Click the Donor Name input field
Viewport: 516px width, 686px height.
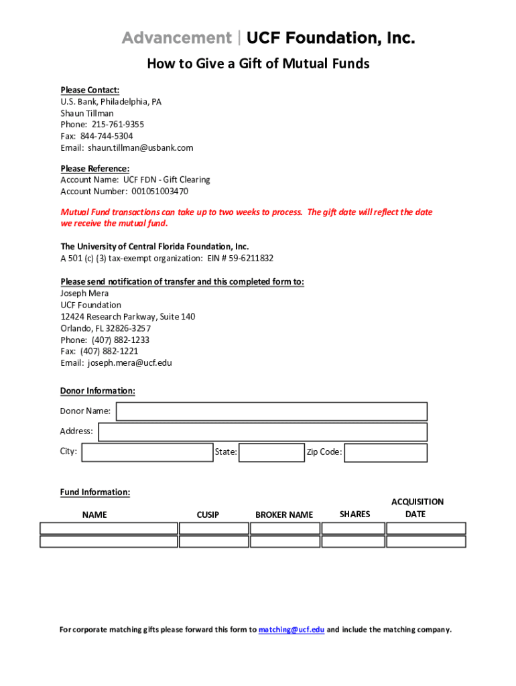click(271, 411)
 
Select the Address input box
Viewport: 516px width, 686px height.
click(263, 432)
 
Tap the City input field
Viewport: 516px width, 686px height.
click(147, 452)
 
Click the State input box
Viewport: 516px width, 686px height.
click(271, 453)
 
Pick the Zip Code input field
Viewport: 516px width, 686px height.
click(385, 453)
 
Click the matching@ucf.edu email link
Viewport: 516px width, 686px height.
click(292, 630)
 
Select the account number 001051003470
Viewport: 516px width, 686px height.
click(159, 191)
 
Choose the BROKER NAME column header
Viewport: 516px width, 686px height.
click(284, 514)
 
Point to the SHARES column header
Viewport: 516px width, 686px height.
click(354, 514)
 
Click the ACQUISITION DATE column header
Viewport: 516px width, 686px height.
click(417, 508)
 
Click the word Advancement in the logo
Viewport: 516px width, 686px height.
click(176, 38)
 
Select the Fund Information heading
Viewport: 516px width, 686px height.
click(95, 492)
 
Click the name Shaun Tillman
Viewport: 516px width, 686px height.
click(87, 113)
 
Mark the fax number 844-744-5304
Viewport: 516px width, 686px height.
click(107, 136)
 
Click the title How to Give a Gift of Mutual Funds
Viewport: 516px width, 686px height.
click(258, 64)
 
